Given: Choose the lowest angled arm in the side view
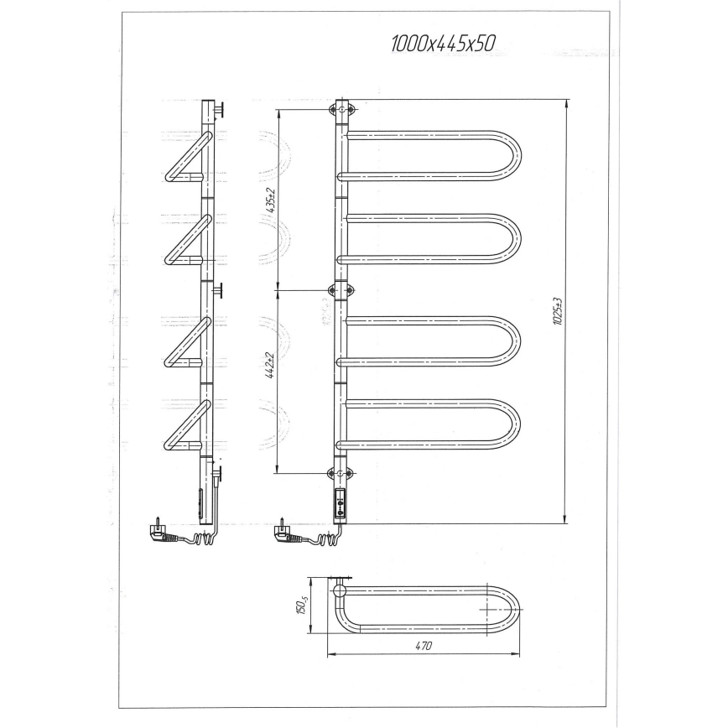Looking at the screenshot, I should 184,424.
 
